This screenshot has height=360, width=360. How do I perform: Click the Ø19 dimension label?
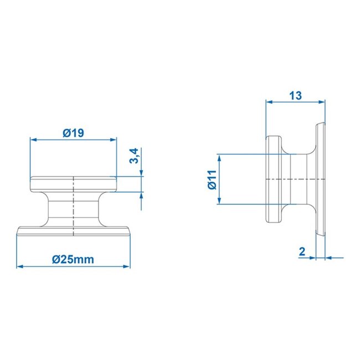(73, 133)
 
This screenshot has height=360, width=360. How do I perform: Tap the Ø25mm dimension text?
(73, 259)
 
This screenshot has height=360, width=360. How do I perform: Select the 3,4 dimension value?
(133, 156)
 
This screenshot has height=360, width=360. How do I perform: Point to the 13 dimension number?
(295, 95)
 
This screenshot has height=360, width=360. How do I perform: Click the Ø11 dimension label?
(212, 179)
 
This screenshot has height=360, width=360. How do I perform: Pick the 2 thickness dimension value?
(302, 251)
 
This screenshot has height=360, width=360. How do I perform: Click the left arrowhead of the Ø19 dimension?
(33, 140)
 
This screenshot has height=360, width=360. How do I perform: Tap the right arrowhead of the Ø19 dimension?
(114, 140)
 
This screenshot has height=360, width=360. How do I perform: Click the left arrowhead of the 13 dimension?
(269, 102)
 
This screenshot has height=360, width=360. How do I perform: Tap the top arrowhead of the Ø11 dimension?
(220, 157)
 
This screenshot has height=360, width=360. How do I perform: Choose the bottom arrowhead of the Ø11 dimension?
(220, 201)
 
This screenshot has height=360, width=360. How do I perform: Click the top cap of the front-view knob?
(73, 184)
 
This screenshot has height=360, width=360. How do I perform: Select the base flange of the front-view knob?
(73, 232)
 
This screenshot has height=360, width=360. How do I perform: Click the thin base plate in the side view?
(320, 179)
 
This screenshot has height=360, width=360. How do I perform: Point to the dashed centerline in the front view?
(74, 205)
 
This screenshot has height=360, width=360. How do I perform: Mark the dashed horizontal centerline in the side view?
(294, 180)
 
